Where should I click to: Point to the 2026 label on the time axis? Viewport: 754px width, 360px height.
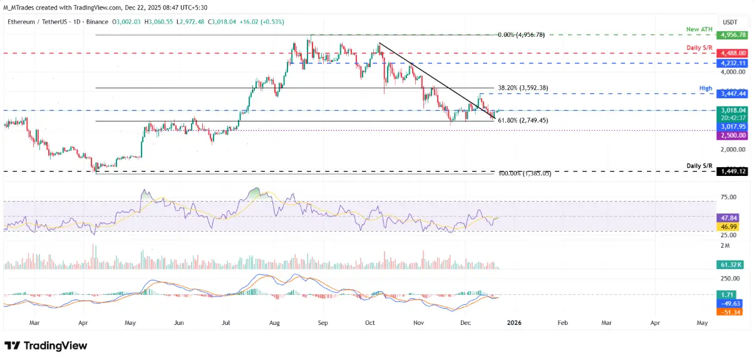[x=513, y=322]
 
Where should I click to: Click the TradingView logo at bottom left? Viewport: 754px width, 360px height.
[x=46, y=346]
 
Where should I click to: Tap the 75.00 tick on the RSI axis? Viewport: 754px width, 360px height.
[x=728, y=197]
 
